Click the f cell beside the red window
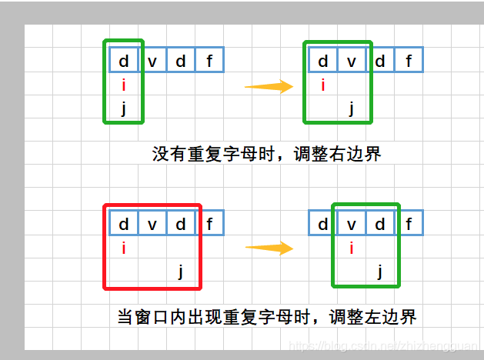pos(210,224)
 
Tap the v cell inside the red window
pos(152,224)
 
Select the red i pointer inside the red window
pos(124,248)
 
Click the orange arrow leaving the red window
pos(269,248)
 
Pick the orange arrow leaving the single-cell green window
pos(269,87)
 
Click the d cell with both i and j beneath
pos(124,61)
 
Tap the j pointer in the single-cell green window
pos(124,108)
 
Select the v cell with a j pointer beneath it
pos(352,61)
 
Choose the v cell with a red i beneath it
pos(352,224)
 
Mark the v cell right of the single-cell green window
pos(152,61)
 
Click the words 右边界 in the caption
pos(359,153)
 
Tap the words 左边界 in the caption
pos(393,315)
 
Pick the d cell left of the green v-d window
pos(323,224)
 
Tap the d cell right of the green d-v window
pos(380,61)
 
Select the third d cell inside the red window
pos(181,224)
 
